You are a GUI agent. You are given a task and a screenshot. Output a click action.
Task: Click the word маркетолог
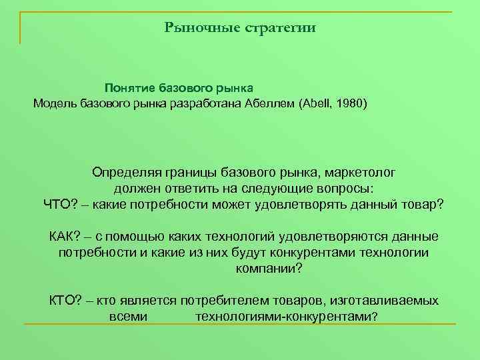pyautogui.click(x=358, y=172)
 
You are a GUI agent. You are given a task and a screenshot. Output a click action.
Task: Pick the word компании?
pyautogui.click(x=269, y=269)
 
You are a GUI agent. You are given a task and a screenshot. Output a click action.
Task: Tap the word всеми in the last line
pyautogui.click(x=127, y=317)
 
